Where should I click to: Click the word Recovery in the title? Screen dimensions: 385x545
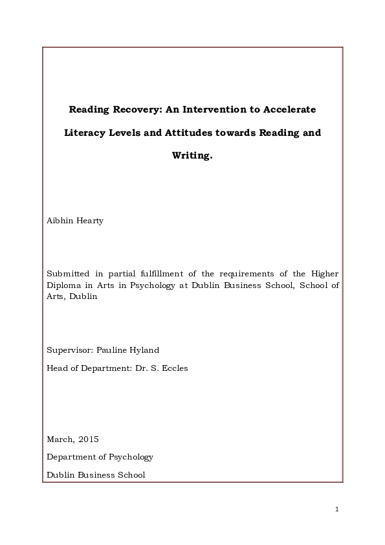pyautogui.click(x=136, y=109)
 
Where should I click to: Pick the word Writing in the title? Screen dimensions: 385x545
pyautogui.click(x=192, y=155)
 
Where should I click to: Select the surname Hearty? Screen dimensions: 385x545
pyautogui.click(x=90, y=221)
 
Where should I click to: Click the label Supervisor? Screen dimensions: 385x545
pyautogui.click(x=70, y=350)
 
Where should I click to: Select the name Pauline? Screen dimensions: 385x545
pyautogui.click(x=113, y=350)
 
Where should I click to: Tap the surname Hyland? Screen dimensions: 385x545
pyautogui.click(x=145, y=350)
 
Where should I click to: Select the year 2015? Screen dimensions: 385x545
pyautogui.click(x=88, y=439)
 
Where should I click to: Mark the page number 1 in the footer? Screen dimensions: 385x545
pyautogui.click(x=337, y=509)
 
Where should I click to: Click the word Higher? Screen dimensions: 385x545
pyautogui.click(x=324, y=274)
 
